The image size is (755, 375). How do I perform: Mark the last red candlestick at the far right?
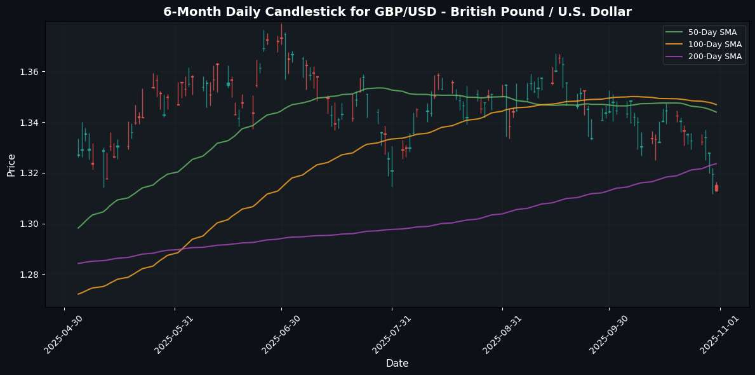717,187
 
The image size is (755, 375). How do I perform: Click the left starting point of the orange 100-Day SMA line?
78,294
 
